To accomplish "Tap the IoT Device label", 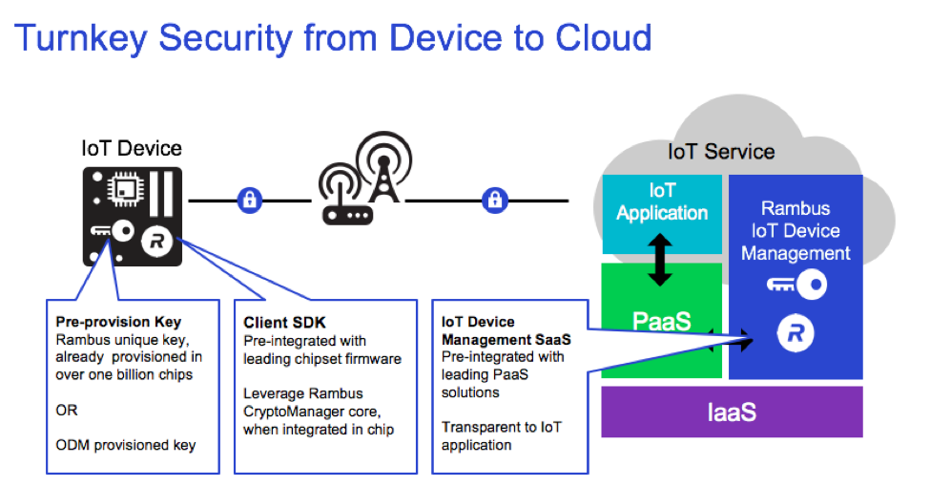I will click(131, 148).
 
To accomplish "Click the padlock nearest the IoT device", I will click(250, 201).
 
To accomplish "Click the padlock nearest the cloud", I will click(494, 201).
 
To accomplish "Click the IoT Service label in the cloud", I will click(720, 152).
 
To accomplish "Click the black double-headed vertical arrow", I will click(660, 259).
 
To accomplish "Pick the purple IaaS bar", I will click(731, 413).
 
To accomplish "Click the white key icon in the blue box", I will click(796, 284).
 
